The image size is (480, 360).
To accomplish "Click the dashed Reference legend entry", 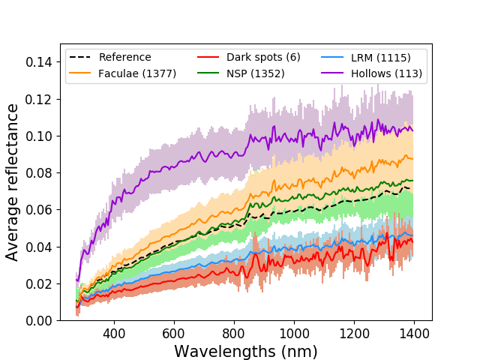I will tap(124, 58).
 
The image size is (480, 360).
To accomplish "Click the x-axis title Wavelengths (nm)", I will tap(246, 351).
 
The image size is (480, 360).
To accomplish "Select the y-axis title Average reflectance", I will tap(13, 182).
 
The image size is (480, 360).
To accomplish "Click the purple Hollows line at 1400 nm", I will tap(412, 130).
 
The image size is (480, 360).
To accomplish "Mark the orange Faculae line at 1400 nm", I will tap(412, 158).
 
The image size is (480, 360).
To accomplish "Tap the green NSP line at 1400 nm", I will tap(412, 180).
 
